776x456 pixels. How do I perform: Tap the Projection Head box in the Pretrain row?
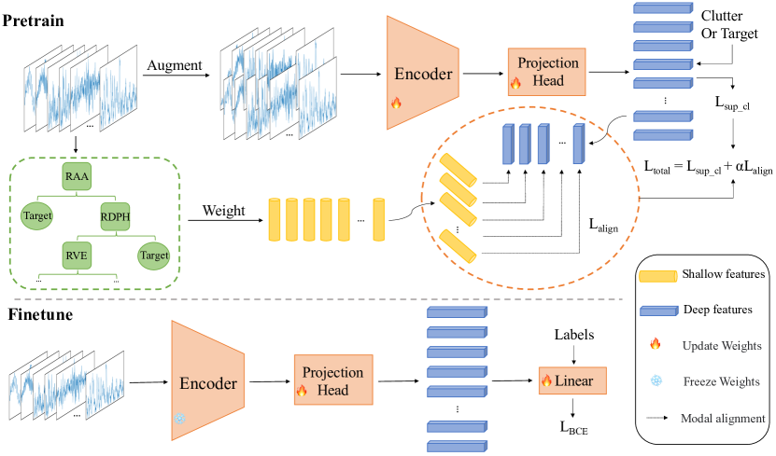[x=546, y=70]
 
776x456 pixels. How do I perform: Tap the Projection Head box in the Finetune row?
[x=333, y=380]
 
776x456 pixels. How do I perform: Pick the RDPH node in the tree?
[x=117, y=217]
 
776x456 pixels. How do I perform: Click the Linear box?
[x=571, y=380]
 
